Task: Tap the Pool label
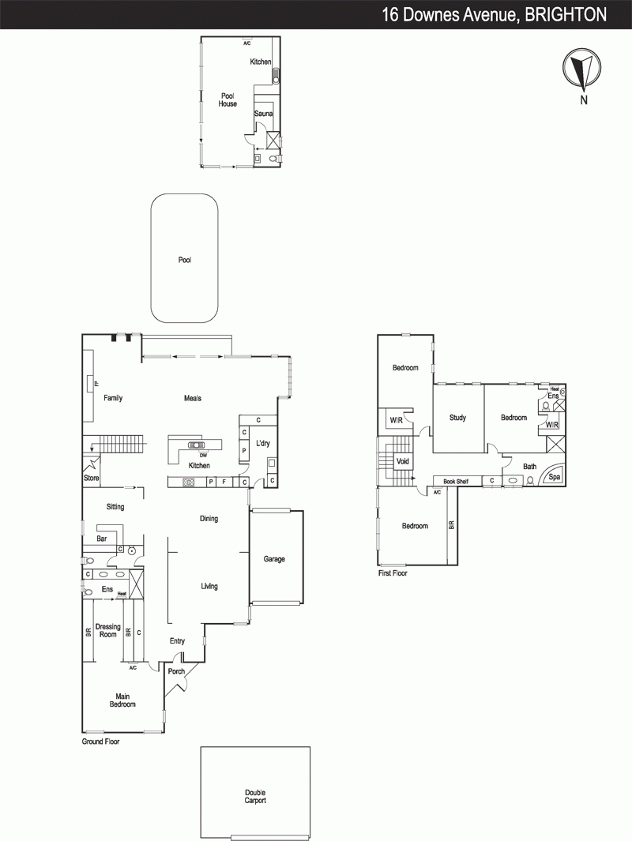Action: click(x=185, y=260)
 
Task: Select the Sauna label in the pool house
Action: click(x=263, y=114)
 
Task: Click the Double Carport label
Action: click(x=255, y=797)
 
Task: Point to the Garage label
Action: click(x=274, y=559)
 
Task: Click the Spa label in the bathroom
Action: click(x=555, y=476)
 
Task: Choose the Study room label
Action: click(x=457, y=417)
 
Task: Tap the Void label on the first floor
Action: click(x=402, y=461)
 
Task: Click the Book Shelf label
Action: click(x=456, y=482)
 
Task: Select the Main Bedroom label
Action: click(x=122, y=700)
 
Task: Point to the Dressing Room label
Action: click(x=108, y=630)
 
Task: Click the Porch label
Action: click(x=176, y=671)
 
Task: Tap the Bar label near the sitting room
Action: click(x=101, y=539)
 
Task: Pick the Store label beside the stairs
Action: click(x=91, y=478)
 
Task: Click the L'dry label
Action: click(x=263, y=444)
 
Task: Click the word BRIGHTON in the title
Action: click(x=566, y=14)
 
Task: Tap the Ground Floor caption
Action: click(x=101, y=742)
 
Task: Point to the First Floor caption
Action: click(x=393, y=573)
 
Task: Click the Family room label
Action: click(x=113, y=398)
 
